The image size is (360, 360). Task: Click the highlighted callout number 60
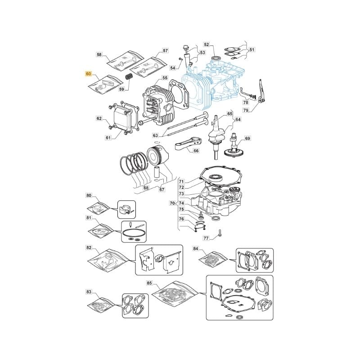[89, 74]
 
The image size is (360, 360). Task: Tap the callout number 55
[165, 78]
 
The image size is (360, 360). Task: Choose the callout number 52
[207, 44]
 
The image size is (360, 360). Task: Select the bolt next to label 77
[220, 233]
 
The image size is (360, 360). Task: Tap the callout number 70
[172, 203]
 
